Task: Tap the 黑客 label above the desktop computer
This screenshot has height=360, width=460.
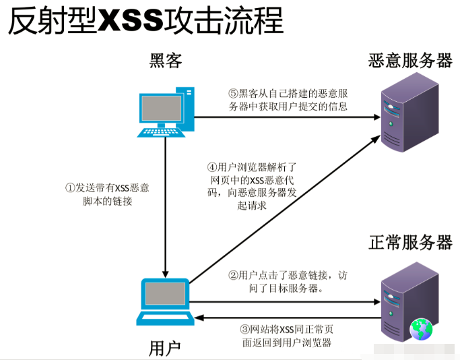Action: tap(166, 61)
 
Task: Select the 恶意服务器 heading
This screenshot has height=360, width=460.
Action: tap(410, 61)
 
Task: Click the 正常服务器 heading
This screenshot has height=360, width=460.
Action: tap(410, 242)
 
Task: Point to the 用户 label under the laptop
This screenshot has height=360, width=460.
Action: tap(165, 348)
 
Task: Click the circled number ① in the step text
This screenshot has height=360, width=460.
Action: tap(69, 188)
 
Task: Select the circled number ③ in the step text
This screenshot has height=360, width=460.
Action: tap(245, 329)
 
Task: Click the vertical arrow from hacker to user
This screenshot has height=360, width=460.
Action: tap(166, 202)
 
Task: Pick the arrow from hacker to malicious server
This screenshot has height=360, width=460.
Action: tap(283, 117)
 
